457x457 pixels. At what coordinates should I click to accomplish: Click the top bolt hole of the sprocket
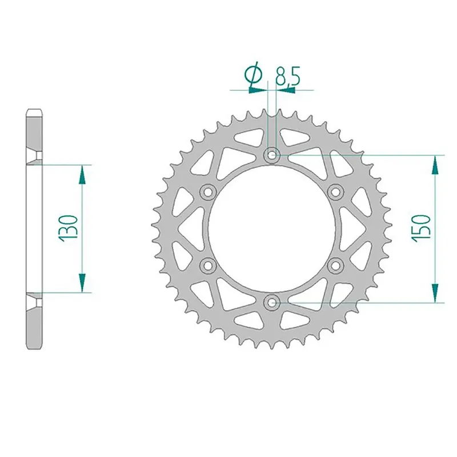pyautogui.click(x=272, y=154)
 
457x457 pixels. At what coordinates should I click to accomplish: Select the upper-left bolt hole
pyautogui.click(x=208, y=191)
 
